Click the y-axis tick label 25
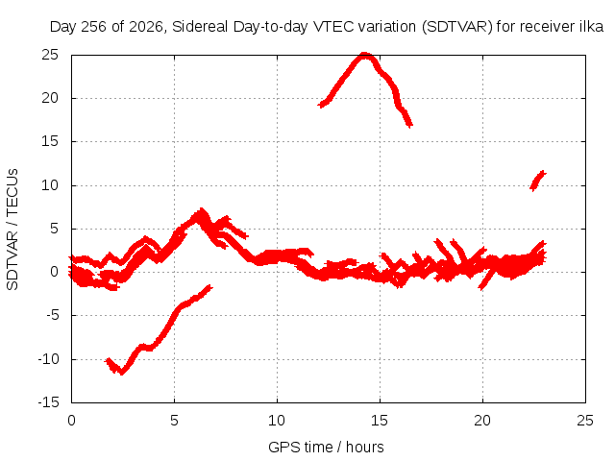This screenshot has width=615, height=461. tap(50, 55)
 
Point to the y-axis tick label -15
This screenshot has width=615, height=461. tap(48, 402)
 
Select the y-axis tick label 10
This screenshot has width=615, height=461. tap(50, 185)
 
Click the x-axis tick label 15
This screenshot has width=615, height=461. tap(380, 421)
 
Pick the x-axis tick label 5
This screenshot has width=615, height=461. tap(174, 421)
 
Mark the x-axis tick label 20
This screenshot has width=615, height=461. tap(482, 421)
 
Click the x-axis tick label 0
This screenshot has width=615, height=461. tap(71, 421)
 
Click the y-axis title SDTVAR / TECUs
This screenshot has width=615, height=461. tap(12, 230)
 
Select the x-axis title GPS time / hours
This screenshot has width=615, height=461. tap(326, 448)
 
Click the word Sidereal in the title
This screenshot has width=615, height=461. tap(200, 27)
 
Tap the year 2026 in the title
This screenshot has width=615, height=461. tap(145, 27)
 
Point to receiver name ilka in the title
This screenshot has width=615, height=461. tap(592, 27)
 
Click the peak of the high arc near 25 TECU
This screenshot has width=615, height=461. tap(365, 55)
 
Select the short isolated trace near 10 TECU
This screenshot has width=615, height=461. tap(538, 181)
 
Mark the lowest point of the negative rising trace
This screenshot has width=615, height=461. tap(122, 373)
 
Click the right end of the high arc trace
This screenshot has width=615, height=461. tap(410, 126)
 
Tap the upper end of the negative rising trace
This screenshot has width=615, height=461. tap(210, 287)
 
